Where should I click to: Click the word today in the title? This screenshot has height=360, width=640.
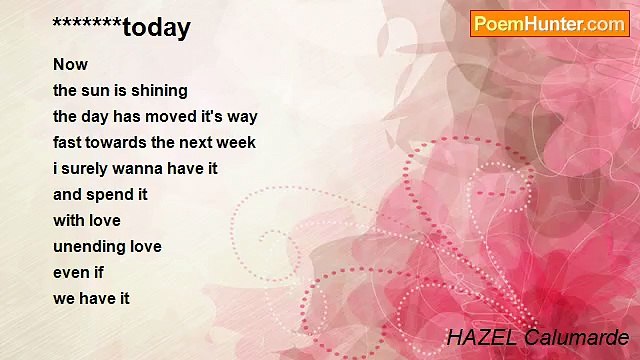[x=157, y=28]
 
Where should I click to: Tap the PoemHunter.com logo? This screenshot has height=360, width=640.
[x=549, y=24]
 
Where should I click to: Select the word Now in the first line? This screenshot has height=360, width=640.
[x=70, y=65]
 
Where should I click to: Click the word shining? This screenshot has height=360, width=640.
[x=160, y=91]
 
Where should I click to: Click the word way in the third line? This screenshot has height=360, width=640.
[x=242, y=117]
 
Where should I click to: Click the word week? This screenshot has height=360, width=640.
[x=236, y=143]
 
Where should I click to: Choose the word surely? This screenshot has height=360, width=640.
[x=88, y=169]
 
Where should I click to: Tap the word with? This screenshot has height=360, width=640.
[x=68, y=221]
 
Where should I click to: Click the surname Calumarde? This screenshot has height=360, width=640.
[x=573, y=337]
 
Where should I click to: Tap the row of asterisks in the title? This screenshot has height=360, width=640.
[x=88, y=24]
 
